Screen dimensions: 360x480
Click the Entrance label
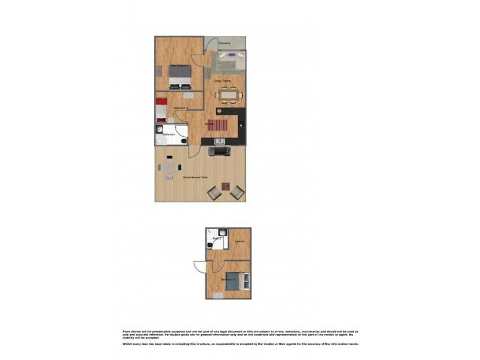(225, 44)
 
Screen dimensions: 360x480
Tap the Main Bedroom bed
(180, 76)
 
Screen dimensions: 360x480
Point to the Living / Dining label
(223, 80)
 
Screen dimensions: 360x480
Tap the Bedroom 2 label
(182, 108)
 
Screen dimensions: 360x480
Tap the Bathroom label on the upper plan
(169, 135)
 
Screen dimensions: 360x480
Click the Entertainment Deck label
(196, 178)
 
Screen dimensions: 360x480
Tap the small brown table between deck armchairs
(226, 187)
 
